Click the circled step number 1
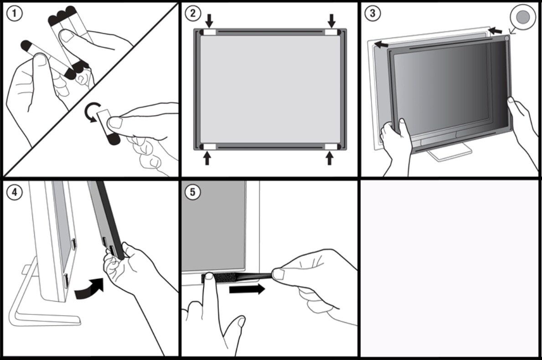(x=15, y=14)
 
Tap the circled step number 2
(x=193, y=13)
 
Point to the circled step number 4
(x=15, y=192)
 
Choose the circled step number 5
(x=193, y=192)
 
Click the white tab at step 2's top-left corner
(x=209, y=32)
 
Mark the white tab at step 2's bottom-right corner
(x=331, y=146)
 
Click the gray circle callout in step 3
(x=524, y=16)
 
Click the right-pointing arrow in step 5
(x=247, y=289)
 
